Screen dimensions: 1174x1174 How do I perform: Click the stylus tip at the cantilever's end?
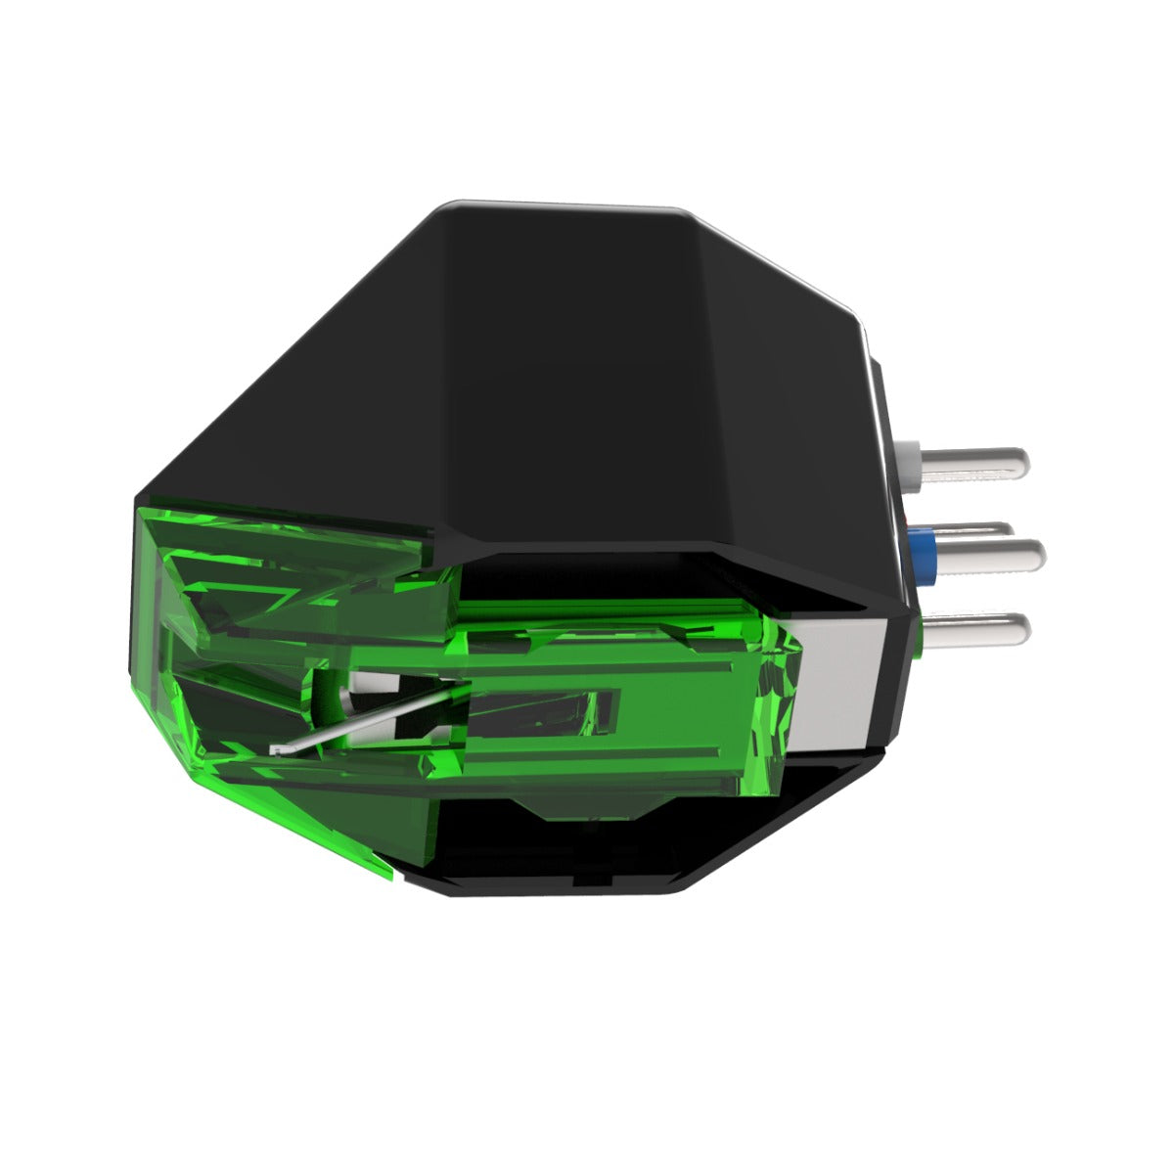pos(278,751)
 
